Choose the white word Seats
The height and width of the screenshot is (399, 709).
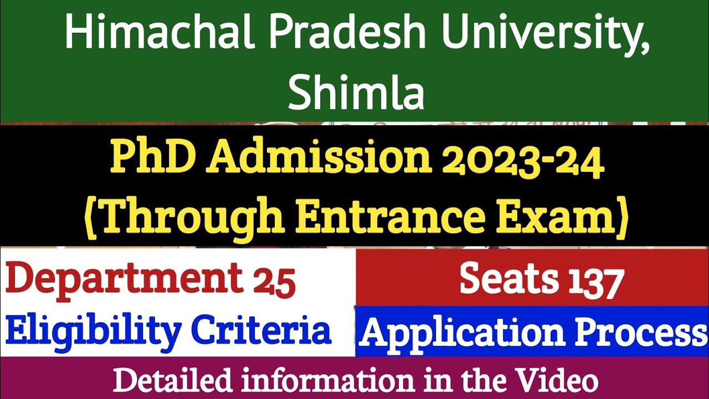[509, 279]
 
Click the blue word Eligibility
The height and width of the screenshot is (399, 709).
[93, 331]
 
